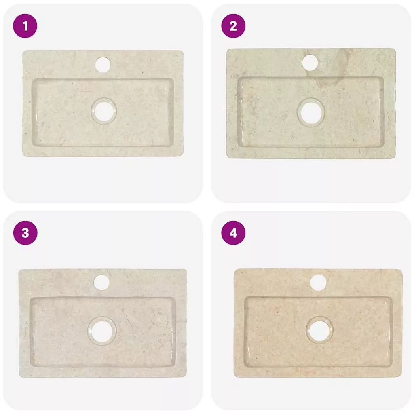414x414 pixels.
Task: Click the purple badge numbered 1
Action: coord(25,26)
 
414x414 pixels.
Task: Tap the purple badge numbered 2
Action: coord(233,26)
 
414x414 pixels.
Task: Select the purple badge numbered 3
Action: coord(25,233)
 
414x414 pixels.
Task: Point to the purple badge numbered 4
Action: coord(233,233)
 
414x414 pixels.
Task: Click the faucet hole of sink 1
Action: coord(103,64)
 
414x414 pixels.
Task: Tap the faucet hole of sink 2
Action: coord(310,63)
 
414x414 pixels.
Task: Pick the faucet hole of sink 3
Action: coord(101,282)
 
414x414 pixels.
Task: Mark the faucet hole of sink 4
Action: coord(318,283)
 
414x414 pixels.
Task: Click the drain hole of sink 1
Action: coord(103,111)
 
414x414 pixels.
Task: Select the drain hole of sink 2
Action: coord(311,113)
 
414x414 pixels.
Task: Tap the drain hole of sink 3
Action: coord(101,331)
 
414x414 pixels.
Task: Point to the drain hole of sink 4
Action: coord(319,330)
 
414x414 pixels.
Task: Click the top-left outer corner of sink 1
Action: coord(23,51)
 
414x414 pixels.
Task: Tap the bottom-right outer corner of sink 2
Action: coord(395,158)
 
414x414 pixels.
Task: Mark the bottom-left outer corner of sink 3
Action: coord(19,376)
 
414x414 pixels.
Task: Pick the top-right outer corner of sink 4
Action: coord(402,270)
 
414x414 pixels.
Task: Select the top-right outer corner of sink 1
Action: coord(183,51)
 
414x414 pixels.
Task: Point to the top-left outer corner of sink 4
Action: coord(234,270)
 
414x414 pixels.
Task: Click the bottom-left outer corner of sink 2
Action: coord(227,158)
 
